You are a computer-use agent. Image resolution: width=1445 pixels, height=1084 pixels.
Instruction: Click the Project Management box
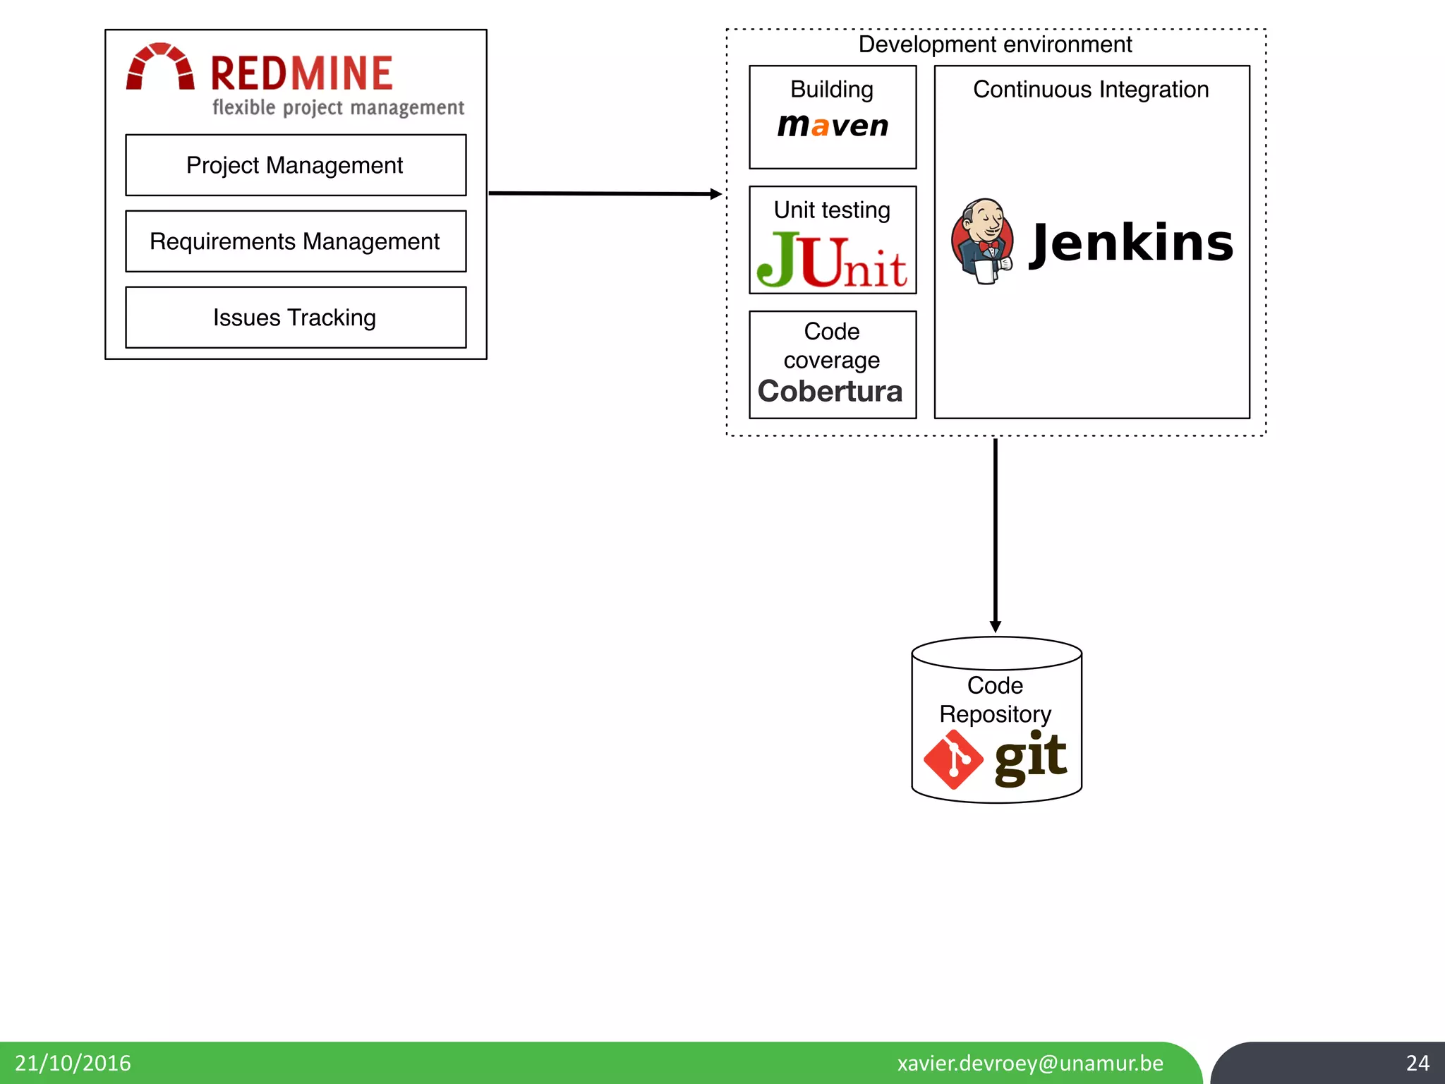point(295,165)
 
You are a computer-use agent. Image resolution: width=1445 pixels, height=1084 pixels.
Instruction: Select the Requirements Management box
point(295,241)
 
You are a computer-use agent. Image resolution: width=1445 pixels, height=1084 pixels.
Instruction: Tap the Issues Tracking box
point(295,318)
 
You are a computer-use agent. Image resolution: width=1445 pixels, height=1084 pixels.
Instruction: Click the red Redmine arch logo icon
point(160,68)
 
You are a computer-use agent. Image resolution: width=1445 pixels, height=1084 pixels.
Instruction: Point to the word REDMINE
point(301,73)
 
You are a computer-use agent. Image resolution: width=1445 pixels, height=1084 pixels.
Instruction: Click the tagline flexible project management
point(338,108)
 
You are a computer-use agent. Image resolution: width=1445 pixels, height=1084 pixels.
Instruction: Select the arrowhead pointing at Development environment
point(715,193)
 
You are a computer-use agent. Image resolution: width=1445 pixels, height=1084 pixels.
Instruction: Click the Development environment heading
point(995,44)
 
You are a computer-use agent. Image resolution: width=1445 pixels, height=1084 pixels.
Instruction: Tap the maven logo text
point(833,126)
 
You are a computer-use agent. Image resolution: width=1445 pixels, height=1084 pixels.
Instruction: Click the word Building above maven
point(832,90)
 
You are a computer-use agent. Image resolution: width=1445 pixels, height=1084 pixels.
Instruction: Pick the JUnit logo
point(833,261)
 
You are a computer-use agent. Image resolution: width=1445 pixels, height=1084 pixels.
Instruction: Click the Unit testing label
point(832,210)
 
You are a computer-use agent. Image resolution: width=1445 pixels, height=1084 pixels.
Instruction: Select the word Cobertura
point(830,392)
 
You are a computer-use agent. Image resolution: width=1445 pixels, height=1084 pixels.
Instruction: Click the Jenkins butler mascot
point(982,241)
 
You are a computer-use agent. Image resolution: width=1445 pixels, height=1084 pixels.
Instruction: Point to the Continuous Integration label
point(1091,90)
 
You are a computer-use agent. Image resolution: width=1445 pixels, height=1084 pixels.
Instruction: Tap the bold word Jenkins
point(1132,243)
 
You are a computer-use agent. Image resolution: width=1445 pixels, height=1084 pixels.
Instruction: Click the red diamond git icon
point(953,760)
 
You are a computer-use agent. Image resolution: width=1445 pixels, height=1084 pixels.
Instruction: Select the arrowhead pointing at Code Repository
point(995,626)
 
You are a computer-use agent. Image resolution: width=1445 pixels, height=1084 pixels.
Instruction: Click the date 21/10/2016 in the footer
point(73,1063)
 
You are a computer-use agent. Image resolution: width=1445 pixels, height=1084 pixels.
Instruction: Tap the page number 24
point(1417,1063)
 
